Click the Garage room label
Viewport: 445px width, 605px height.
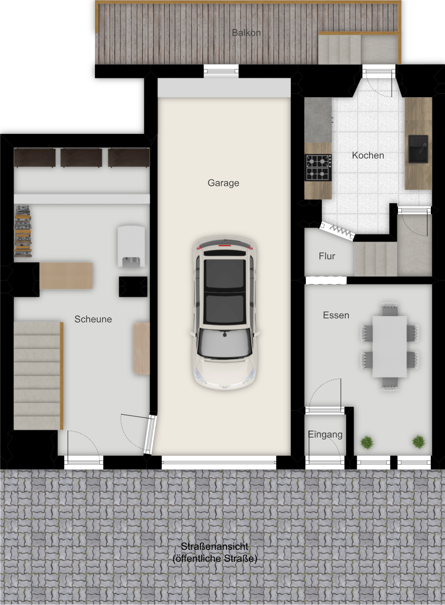point(223,183)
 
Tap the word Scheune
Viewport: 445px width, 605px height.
point(93,319)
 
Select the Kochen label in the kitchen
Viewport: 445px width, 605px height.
point(368,155)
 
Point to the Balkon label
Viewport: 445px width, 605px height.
point(246,33)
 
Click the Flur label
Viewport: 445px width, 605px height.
point(327,256)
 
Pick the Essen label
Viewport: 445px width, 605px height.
point(336,315)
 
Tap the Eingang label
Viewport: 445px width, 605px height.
point(325,435)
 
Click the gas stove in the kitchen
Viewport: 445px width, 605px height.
point(318,167)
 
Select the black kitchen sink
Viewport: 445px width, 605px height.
point(418,149)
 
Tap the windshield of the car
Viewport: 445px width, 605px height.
point(224,343)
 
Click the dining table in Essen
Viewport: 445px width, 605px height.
point(390,346)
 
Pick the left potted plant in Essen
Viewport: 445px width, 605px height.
point(367,442)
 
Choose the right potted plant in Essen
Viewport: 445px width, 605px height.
point(419,442)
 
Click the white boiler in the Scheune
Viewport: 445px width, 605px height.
point(131,247)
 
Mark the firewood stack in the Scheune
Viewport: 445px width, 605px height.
point(23,231)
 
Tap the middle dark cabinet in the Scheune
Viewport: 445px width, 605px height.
point(81,158)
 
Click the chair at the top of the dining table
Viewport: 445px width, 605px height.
point(389,309)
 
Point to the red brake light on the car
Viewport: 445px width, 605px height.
point(225,246)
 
